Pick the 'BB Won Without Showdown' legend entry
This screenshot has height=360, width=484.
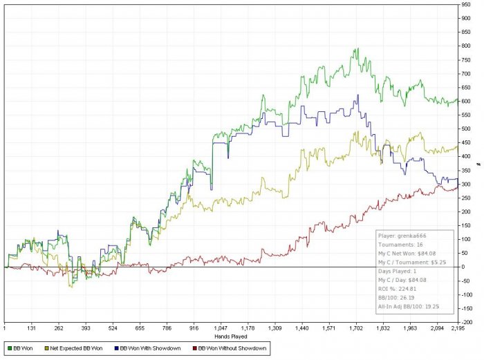[x=232, y=348]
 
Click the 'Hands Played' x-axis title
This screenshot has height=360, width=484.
[x=230, y=335]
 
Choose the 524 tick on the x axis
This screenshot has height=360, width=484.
[x=113, y=329]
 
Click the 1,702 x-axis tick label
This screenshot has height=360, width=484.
[x=356, y=329]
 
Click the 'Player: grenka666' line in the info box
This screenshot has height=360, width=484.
[x=401, y=236]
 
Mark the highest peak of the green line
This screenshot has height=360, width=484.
[x=357, y=49]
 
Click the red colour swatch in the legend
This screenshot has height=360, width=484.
[x=194, y=348]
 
